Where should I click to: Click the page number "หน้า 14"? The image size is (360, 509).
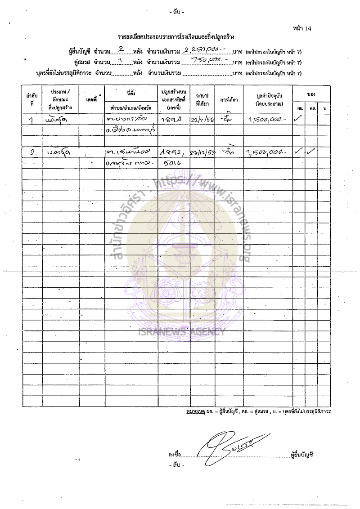coord(301,29)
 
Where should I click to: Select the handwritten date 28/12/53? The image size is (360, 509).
coord(202,152)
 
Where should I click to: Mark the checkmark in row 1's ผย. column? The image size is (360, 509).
coord(298,119)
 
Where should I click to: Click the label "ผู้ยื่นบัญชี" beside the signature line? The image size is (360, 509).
coord(302,455)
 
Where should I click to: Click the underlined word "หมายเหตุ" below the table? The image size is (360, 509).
coord(196,412)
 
